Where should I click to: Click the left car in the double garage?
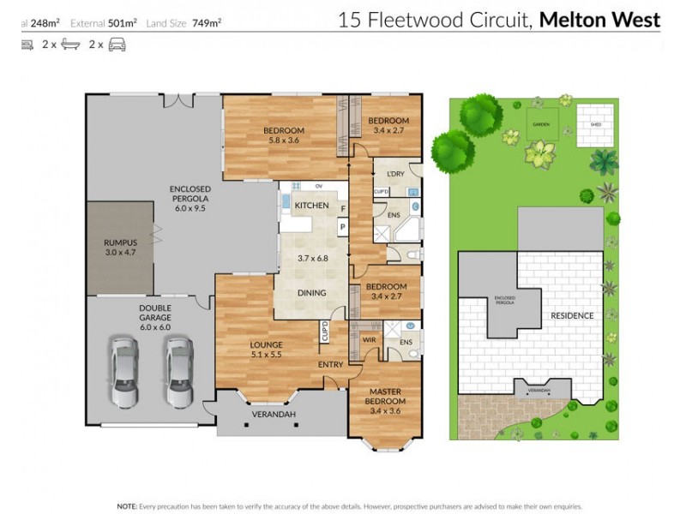(x=125, y=372)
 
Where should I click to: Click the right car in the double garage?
(x=180, y=372)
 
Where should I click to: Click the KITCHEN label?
(x=311, y=206)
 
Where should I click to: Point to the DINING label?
(x=311, y=293)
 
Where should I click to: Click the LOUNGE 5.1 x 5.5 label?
(x=266, y=350)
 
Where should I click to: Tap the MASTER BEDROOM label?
(x=384, y=397)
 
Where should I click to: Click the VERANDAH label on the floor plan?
(x=274, y=415)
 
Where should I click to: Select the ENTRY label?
(x=330, y=365)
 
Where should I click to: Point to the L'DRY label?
(x=395, y=175)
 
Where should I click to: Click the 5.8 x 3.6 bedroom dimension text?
(x=284, y=140)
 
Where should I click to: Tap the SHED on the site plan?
(x=595, y=123)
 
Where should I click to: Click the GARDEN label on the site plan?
(x=540, y=124)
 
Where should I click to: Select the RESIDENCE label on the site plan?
(x=572, y=315)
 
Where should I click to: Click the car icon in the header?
(x=117, y=45)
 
